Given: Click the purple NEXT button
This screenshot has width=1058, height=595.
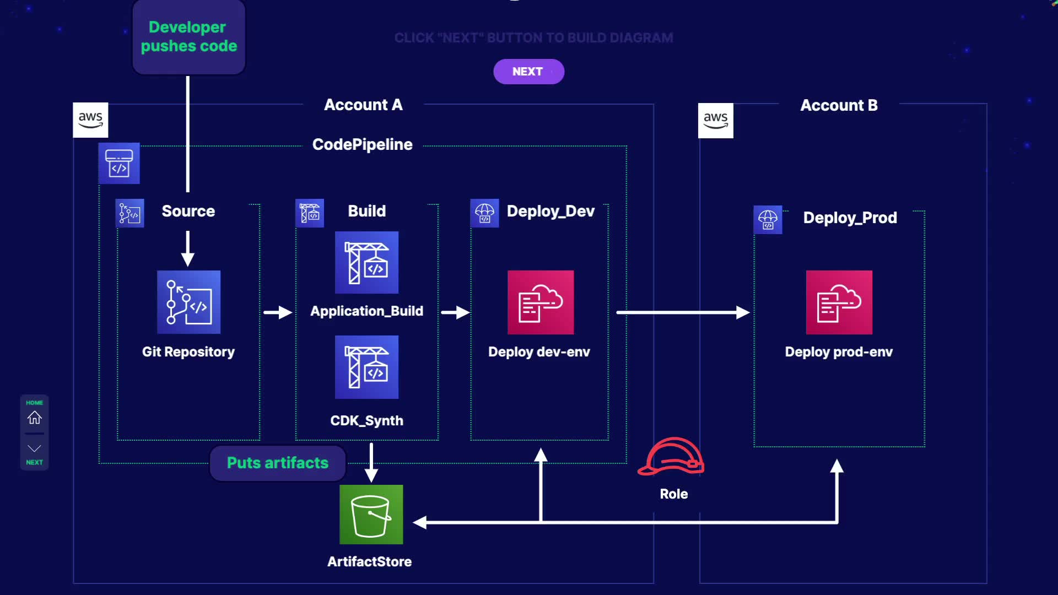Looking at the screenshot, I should point(528,72).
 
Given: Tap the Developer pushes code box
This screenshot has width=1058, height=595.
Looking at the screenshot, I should point(188,37).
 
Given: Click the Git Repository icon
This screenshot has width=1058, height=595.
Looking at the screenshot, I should point(188,302).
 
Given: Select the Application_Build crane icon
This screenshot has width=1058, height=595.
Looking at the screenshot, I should point(366,262).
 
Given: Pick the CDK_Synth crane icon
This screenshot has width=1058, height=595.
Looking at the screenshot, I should point(366,367).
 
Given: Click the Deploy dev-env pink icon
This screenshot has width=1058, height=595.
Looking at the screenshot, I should point(540,302).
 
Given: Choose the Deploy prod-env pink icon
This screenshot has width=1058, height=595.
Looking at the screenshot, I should point(839,302).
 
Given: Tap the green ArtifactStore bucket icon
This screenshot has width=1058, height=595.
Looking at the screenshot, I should point(371,515).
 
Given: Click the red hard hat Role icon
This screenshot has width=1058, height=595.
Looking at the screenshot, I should point(671,456).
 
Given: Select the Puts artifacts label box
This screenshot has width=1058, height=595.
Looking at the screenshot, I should point(278,463).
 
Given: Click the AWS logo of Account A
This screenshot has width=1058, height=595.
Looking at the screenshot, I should point(90,120).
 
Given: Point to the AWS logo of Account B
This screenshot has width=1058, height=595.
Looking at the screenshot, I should point(715,120).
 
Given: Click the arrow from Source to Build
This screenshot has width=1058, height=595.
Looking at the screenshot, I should point(278,312).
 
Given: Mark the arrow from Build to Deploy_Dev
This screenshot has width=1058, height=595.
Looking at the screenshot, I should point(455,312).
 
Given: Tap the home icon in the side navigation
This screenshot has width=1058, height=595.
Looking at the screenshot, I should point(34,418).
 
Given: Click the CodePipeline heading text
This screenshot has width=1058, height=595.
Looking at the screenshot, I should point(362,144).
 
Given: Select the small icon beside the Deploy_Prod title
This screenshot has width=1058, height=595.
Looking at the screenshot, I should point(768,219).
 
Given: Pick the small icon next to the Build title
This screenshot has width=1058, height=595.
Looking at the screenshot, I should point(310,213).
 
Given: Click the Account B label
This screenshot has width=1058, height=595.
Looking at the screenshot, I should point(839,105).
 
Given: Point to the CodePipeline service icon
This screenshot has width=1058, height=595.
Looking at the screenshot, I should point(119,163).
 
